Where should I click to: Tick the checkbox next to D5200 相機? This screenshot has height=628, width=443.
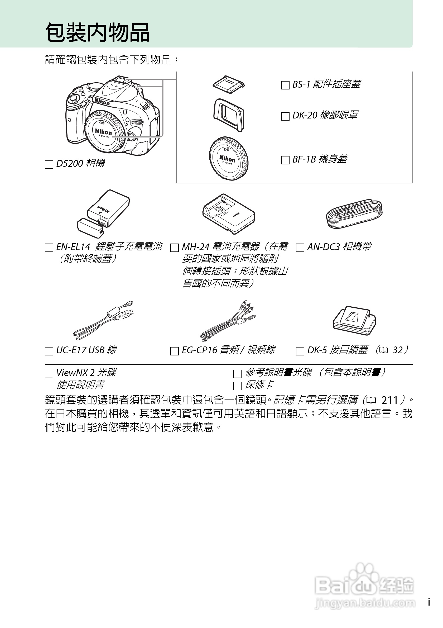click(x=49, y=165)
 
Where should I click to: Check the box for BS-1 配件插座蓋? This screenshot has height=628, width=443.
click(x=285, y=85)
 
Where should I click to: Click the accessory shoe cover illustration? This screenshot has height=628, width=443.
click(x=229, y=84)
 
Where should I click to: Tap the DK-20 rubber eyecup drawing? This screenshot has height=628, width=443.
click(x=228, y=115)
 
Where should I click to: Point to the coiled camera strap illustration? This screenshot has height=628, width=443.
click(x=354, y=214)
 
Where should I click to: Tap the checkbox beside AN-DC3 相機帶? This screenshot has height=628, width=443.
click(x=300, y=248)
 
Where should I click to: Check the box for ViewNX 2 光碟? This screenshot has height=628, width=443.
click(x=49, y=374)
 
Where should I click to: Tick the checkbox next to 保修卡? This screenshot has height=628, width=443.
click(x=237, y=386)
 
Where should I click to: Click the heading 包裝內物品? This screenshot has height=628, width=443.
click(x=97, y=32)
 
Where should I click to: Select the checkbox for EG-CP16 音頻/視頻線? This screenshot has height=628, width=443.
click(x=174, y=351)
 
